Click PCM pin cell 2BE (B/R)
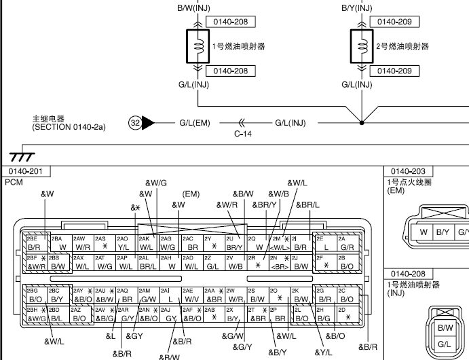click(x=36, y=244)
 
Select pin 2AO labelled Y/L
click(x=124, y=244)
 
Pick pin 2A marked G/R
click(x=346, y=244)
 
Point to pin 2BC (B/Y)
click(x=58, y=295)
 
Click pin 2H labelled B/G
click(x=324, y=314)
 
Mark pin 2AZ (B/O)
click(x=79, y=314)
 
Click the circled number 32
click(x=136, y=123)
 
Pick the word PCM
click(x=14, y=183)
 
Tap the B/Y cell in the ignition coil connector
click(x=443, y=232)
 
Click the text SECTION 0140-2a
click(x=64, y=128)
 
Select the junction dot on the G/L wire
click(x=362, y=123)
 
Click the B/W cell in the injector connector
click(x=445, y=328)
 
